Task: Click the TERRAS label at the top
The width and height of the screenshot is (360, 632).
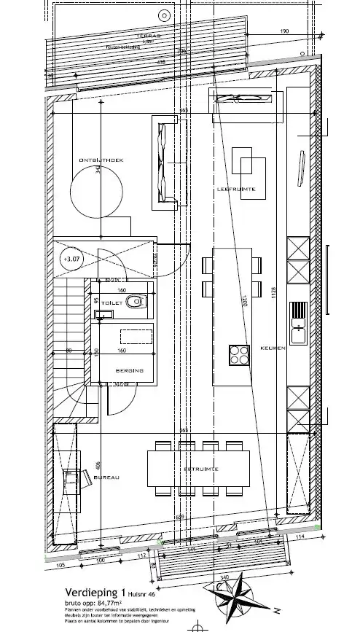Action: pos(152,35)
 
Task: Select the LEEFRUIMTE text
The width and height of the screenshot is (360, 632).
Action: pos(235,190)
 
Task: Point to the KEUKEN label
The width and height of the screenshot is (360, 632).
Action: pos(271,348)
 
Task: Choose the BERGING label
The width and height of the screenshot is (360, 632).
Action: pos(128,371)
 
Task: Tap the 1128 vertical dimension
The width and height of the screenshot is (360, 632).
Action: pos(275,292)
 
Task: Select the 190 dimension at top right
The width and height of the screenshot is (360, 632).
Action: pos(285,31)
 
